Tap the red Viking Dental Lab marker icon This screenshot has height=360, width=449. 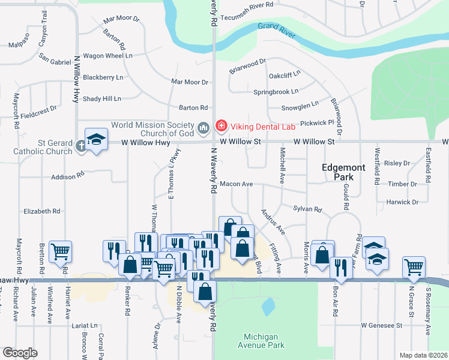point(221,126)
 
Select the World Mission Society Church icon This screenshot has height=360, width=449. point(203,127)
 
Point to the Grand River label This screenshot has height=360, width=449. point(277,28)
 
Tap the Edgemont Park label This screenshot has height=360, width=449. point(343,173)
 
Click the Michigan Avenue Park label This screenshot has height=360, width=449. point(265,340)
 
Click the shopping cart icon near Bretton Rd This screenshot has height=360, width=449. point(60,253)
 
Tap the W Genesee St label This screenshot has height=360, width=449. point(381,325)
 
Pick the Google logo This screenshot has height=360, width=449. point(20,352)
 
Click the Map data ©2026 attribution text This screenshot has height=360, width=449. point(423,355)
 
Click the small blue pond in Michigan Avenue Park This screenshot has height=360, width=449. point(268,306)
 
